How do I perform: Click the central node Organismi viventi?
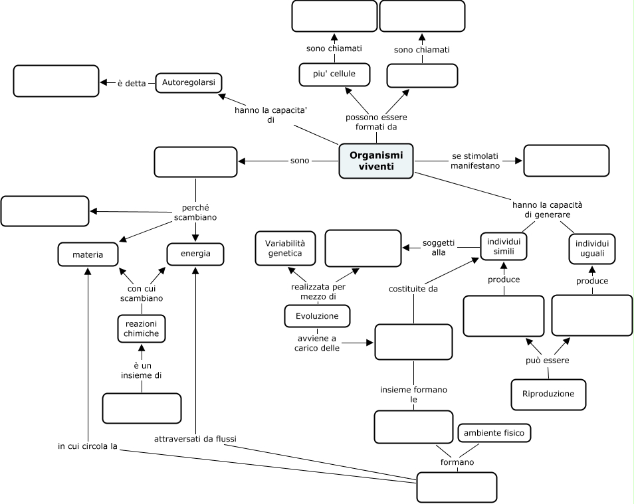click(x=375, y=161)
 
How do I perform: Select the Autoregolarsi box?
click(x=189, y=83)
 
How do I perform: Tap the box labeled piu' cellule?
click(x=334, y=74)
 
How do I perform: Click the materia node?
click(x=88, y=254)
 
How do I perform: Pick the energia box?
click(x=195, y=254)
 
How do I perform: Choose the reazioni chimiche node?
click(x=141, y=328)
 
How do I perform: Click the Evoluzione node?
click(x=317, y=316)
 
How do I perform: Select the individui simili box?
click(x=504, y=246)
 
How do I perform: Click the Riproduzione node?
click(x=548, y=394)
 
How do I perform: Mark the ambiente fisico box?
click(x=494, y=434)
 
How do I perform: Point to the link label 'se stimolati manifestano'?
click(x=475, y=161)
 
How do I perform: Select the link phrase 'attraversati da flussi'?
click(x=195, y=439)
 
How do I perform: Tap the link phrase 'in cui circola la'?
click(x=88, y=446)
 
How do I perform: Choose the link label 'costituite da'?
click(x=413, y=288)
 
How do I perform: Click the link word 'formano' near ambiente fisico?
click(x=457, y=462)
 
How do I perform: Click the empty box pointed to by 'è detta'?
click(x=56, y=80)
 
